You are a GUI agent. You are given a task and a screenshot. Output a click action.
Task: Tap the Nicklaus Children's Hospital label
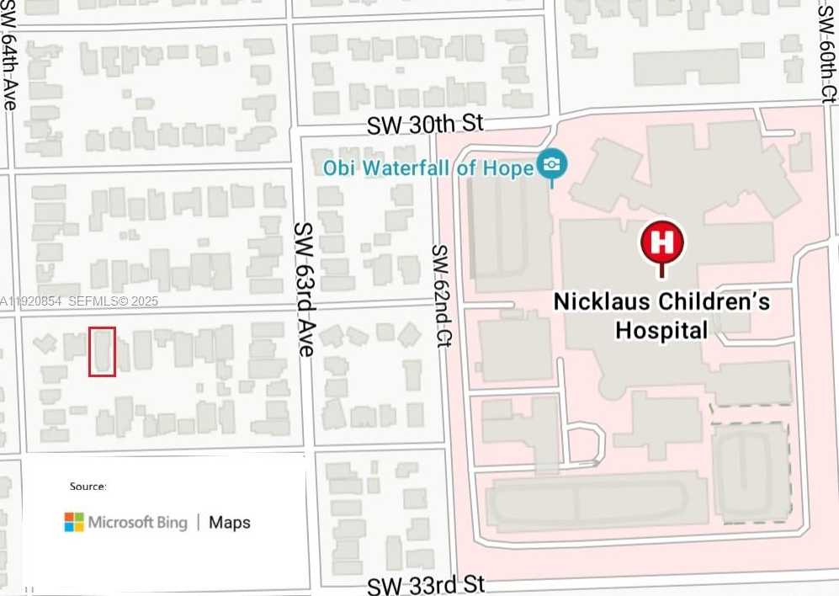[661, 315]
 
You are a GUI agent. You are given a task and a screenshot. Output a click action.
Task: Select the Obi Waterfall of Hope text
[428, 168]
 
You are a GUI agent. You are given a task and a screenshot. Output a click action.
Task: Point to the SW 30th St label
[425, 125]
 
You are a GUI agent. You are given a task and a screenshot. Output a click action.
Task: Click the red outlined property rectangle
[102, 351]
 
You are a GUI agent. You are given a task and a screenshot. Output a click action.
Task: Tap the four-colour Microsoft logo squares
[74, 522]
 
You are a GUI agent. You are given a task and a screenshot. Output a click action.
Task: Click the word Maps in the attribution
[230, 523]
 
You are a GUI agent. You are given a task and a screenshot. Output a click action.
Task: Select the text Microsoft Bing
[137, 523]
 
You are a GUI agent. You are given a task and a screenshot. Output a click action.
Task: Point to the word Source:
[88, 487]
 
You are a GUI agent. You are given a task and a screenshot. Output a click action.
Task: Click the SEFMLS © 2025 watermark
[113, 301]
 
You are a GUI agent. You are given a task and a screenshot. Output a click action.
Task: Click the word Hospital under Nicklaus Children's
[661, 330]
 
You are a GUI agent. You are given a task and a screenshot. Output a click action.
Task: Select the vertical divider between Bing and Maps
[199, 523]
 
